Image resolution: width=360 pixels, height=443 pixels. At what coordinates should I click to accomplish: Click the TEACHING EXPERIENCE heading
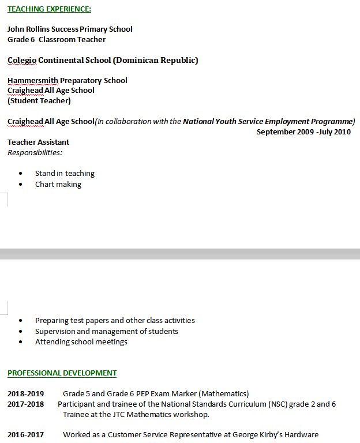(49, 9)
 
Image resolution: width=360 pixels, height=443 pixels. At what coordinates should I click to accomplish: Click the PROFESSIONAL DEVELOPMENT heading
(62, 373)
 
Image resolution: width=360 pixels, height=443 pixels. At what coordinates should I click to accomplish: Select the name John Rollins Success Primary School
(70, 29)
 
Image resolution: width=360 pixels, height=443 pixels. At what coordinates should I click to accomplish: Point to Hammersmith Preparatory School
(67, 80)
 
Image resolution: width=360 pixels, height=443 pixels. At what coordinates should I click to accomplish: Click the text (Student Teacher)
(39, 100)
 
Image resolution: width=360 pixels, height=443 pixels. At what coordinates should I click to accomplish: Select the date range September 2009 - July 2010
(303, 132)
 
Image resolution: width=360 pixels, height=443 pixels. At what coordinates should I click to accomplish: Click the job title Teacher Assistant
(38, 142)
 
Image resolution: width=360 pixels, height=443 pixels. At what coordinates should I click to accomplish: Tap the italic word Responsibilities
(35, 152)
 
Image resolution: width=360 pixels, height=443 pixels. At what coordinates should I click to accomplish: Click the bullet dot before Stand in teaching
(21, 173)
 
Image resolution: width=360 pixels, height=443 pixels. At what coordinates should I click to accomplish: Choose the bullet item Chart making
(58, 184)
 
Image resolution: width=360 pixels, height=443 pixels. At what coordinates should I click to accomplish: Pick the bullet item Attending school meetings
(81, 341)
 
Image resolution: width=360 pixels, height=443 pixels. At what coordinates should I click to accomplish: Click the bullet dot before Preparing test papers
(21, 320)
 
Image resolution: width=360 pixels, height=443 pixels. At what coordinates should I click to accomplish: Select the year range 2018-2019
(25, 393)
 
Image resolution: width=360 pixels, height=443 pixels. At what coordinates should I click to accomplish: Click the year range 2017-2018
(25, 404)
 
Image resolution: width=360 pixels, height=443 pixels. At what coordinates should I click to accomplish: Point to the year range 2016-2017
(25, 434)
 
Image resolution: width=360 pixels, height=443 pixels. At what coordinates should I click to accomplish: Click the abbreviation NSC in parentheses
(276, 404)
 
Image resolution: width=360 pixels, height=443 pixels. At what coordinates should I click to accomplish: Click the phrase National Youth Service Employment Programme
(268, 121)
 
